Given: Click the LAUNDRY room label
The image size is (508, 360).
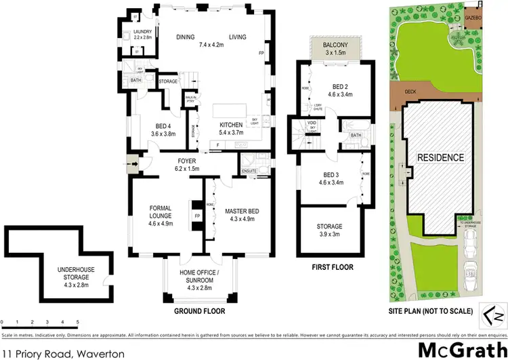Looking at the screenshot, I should click(x=142, y=32).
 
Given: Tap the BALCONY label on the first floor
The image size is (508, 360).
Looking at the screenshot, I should click(x=331, y=45).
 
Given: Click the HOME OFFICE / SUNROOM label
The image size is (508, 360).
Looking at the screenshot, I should click(x=196, y=273).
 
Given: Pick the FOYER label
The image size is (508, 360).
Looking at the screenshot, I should click(x=185, y=161).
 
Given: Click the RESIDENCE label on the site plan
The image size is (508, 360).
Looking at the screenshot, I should click(x=440, y=157).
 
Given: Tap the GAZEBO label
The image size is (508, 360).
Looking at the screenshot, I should click(x=473, y=16).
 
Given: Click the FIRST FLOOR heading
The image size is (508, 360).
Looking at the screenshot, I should click(x=332, y=267).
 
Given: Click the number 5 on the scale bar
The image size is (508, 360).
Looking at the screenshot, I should click(x=77, y=321).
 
